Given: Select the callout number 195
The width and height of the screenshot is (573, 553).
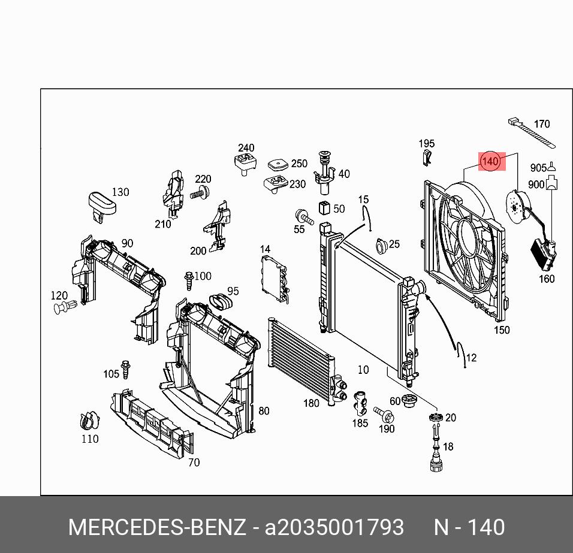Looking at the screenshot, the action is pyautogui.click(x=427, y=143).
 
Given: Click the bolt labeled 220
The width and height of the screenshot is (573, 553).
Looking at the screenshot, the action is pyautogui.click(x=200, y=192).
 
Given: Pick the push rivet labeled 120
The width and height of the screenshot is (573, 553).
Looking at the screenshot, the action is pyautogui.click(x=65, y=307).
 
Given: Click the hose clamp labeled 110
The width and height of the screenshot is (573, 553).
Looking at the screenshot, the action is pyautogui.click(x=89, y=421).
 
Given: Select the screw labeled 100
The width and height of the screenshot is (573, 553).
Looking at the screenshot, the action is pyautogui.click(x=189, y=281).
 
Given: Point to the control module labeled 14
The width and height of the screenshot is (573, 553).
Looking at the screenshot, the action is pyautogui.click(x=275, y=279).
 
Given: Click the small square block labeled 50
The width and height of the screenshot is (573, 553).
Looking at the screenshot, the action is pyautogui.click(x=324, y=207).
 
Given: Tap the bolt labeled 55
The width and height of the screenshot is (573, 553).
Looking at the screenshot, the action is pyautogui.click(x=304, y=217).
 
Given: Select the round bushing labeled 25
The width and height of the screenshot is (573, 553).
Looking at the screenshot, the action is pyautogui.click(x=382, y=246).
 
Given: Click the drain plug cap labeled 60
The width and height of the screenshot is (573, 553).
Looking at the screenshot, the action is pyautogui.click(x=409, y=401).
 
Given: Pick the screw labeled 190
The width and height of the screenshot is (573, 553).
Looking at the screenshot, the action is pyautogui.click(x=384, y=415).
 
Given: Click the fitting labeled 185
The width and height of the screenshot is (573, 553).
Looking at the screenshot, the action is pyautogui.click(x=360, y=403).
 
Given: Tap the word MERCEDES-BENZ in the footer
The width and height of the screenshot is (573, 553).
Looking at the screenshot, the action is pyautogui.click(x=157, y=527).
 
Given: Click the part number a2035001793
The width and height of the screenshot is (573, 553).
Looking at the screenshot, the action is pyautogui.click(x=334, y=527).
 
